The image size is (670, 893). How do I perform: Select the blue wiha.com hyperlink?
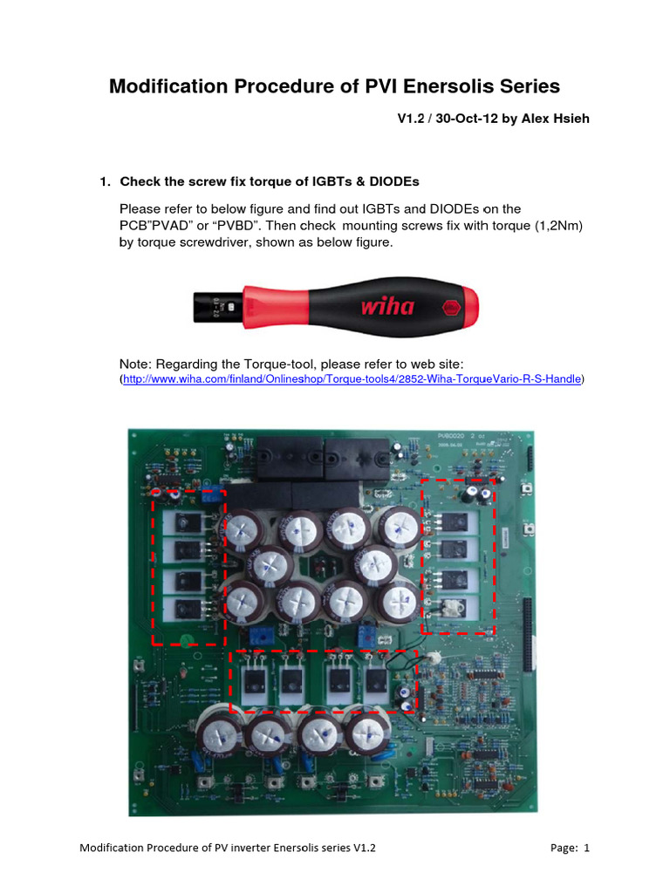pos(352,379)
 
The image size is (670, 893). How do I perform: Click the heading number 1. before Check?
pos(105,181)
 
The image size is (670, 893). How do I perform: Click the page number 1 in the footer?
pos(586,848)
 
